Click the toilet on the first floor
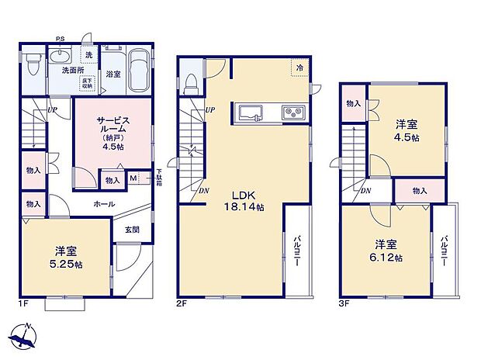(33, 62)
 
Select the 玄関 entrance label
(130, 229)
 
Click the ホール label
(106, 204)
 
